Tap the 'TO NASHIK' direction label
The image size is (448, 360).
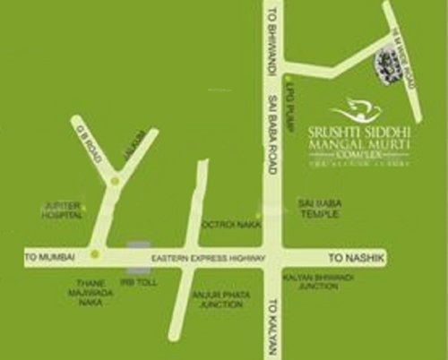click(359, 257)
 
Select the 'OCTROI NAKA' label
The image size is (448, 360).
click(231, 225)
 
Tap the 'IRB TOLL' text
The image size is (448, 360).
click(135, 281)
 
